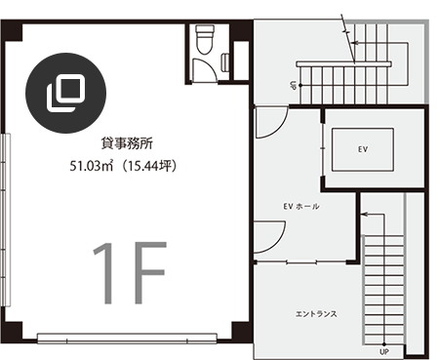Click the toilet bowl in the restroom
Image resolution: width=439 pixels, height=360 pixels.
click(205, 39)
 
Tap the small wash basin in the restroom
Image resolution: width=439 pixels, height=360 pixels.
click(225, 62)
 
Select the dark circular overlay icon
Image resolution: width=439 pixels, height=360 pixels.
click(65, 93)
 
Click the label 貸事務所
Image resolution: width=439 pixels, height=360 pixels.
click(127, 143)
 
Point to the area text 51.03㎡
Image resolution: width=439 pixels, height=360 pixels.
click(92, 166)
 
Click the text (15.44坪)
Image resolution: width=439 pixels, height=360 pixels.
click(148, 166)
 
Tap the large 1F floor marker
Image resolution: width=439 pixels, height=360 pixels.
click(130, 273)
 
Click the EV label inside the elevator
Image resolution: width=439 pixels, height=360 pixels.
click(363, 149)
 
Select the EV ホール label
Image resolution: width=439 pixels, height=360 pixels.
click(301, 206)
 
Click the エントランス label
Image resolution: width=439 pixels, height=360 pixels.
click(316, 314)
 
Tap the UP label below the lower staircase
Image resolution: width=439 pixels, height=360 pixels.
click(384, 352)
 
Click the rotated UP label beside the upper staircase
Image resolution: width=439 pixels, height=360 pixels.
click(293, 85)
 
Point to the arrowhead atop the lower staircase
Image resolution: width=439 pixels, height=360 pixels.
click(364, 215)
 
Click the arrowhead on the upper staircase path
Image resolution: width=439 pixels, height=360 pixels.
click(355, 43)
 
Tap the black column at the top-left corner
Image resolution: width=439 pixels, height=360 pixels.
click(12, 30)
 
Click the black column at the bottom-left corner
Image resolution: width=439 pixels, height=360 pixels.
click(13, 332)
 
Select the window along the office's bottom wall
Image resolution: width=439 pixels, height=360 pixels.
click(127, 339)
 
